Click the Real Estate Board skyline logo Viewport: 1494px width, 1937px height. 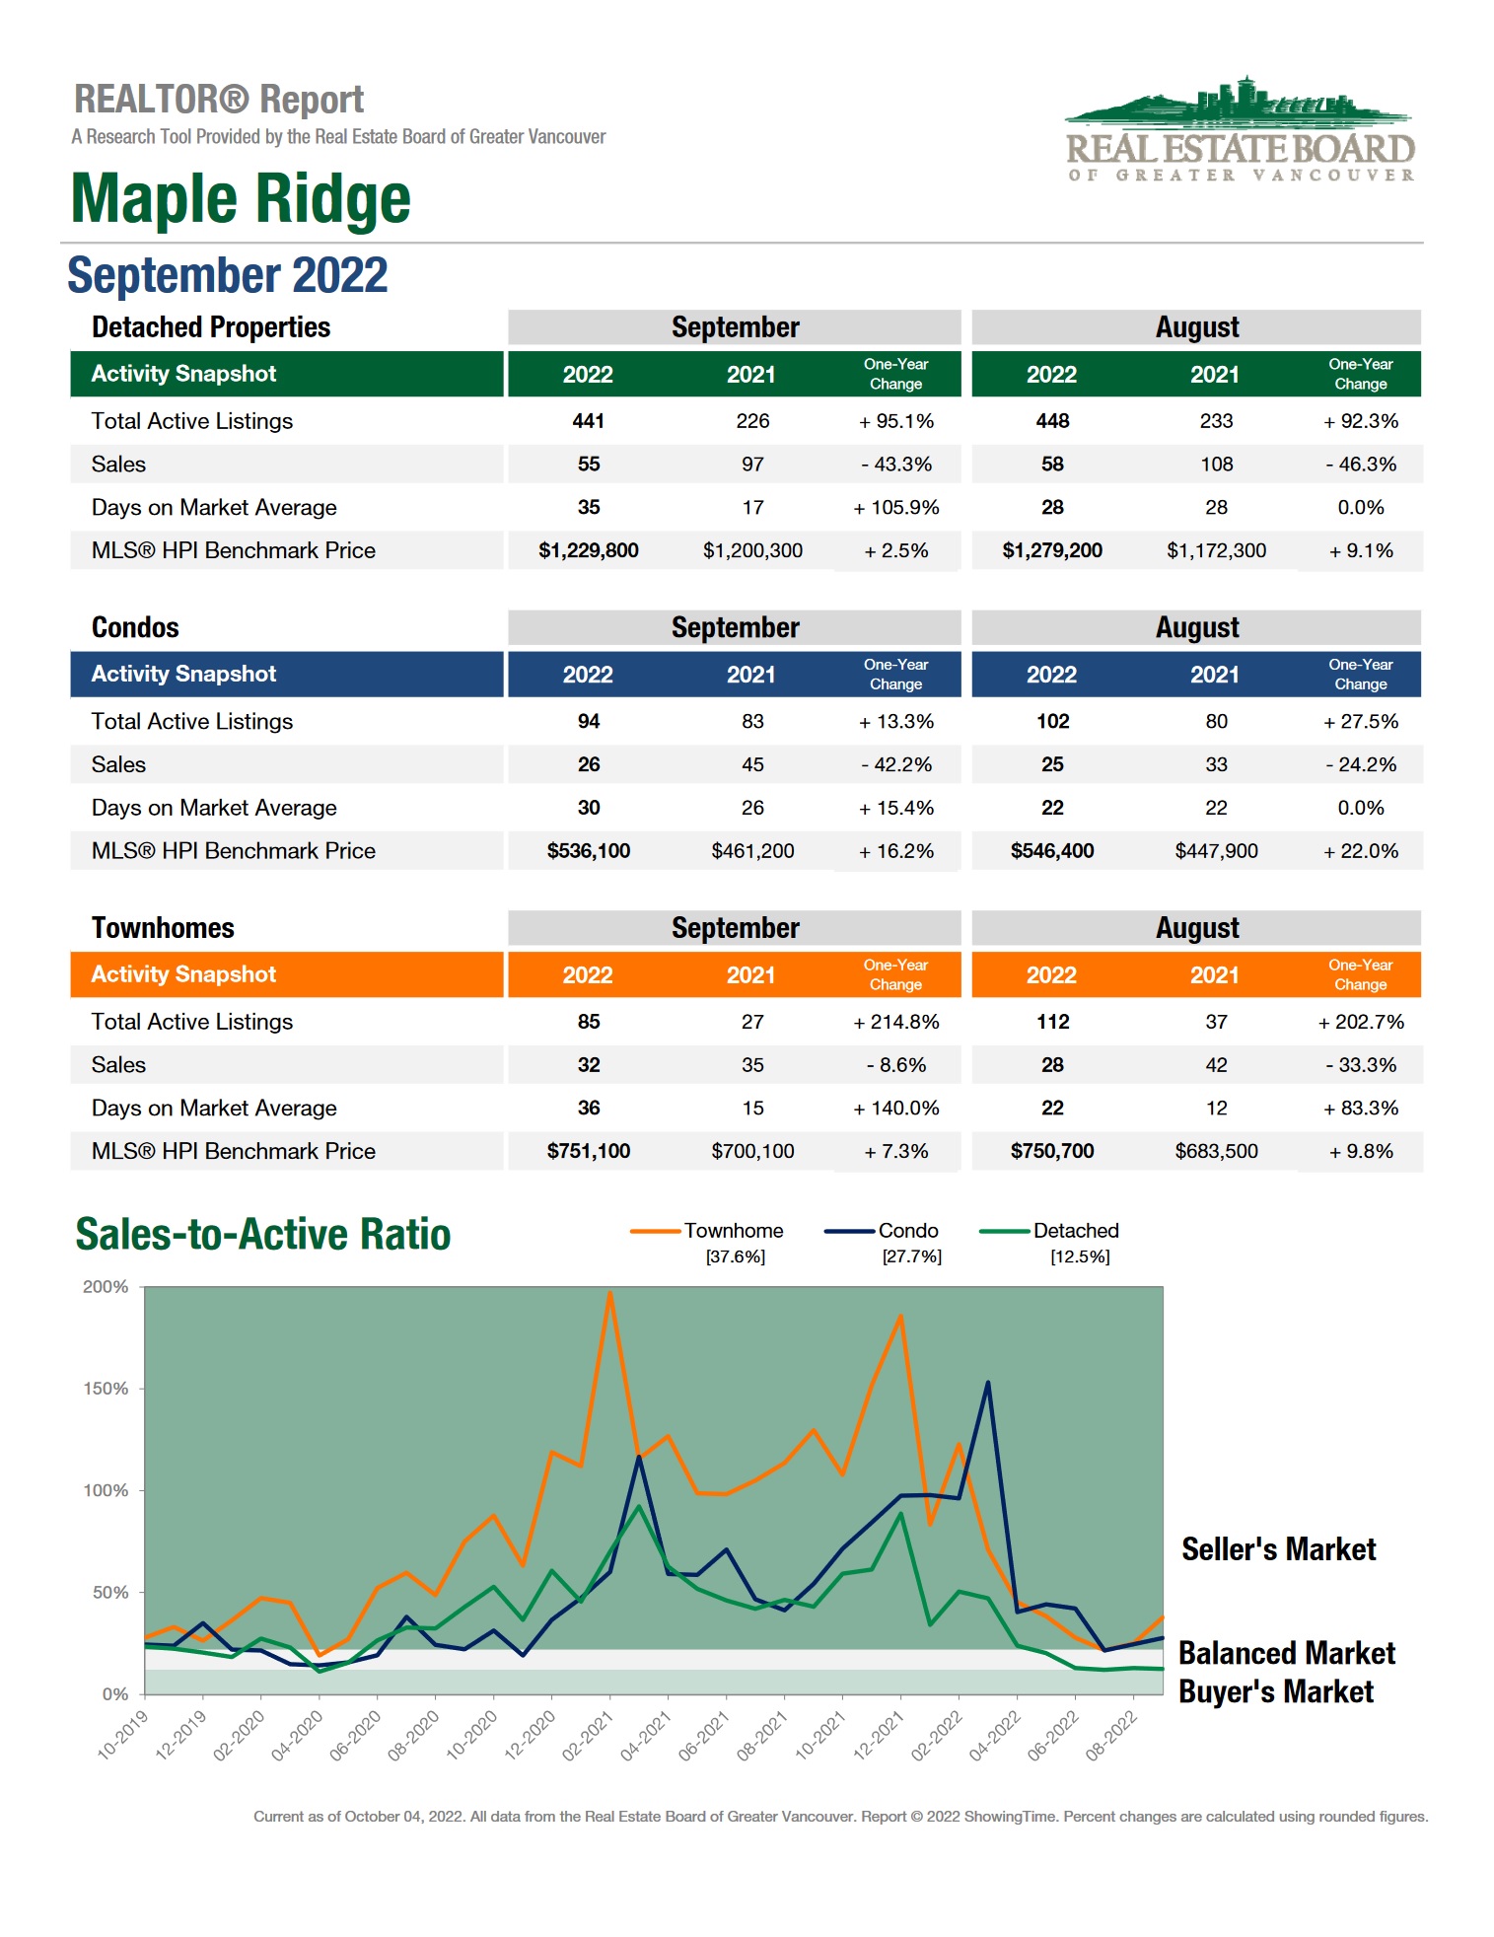[x=1240, y=129]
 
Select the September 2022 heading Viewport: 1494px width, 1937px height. [x=228, y=275]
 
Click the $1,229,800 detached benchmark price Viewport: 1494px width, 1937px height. [x=588, y=550]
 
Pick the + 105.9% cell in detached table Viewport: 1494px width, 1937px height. [x=895, y=508]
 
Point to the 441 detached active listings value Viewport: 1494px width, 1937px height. [x=588, y=421]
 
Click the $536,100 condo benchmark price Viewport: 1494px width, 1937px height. [x=588, y=851]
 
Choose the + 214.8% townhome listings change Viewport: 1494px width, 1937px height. [x=895, y=1022]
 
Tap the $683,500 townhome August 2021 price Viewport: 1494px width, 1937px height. [x=1216, y=1151]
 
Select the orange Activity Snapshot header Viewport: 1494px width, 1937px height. [x=184, y=974]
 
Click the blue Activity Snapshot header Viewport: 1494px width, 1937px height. [x=184, y=675]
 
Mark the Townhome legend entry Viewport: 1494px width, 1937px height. [x=733, y=1231]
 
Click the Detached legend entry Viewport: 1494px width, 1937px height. [x=1075, y=1231]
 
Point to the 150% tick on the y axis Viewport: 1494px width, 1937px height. [x=107, y=1389]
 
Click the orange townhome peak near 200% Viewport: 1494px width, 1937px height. [x=609, y=1293]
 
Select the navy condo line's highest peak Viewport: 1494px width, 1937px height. [x=987, y=1383]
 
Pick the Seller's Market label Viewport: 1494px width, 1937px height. [x=1278, y=1549]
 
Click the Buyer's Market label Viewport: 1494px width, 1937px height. [x=1275, y=1692]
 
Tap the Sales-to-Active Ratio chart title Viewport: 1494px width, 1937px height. [x=263, y=1235]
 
